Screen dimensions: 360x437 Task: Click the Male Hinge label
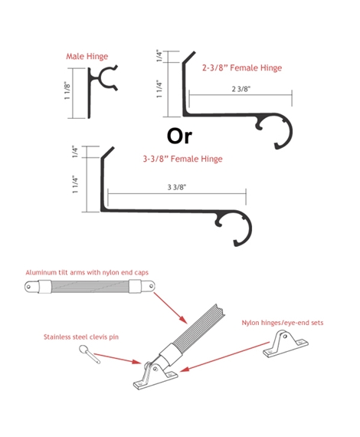87,57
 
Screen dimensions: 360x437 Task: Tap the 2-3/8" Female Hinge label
242,67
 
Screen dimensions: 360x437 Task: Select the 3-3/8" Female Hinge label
182,159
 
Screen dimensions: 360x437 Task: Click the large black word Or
179,136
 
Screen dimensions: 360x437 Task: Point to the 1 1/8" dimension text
67,90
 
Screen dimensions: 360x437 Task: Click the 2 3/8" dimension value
241,89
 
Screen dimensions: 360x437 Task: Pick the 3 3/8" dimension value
176,187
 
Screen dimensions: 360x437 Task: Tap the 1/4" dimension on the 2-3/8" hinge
159,56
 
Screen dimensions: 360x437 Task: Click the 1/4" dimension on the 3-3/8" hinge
75,152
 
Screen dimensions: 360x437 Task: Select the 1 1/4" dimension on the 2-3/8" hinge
159,89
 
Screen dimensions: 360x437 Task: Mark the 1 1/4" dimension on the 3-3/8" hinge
75,184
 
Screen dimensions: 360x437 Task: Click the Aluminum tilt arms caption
87,273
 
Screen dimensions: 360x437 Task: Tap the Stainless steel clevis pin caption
81,337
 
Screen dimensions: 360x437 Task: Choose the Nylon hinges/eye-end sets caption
283,323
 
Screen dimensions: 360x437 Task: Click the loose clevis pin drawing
89,354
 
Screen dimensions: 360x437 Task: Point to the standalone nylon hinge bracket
286,344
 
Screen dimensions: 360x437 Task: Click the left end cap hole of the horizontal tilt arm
28,287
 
